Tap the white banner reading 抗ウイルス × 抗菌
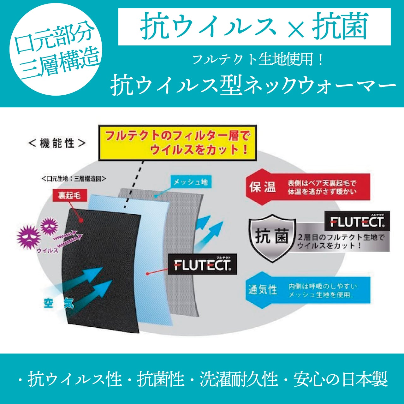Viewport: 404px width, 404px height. (x=254, y=27)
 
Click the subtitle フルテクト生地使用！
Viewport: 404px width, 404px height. (x=257, y=60)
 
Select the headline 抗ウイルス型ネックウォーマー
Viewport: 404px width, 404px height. (x=252, y=85)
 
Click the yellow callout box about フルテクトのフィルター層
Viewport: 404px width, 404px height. (x=177, y=143)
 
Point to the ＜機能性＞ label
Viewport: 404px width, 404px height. (x=57, y=143)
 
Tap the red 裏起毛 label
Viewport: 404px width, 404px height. (x=69, y=195)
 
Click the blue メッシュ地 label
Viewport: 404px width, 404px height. (x=191, y=182)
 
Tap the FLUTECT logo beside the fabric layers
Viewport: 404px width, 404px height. (x=202, y=264)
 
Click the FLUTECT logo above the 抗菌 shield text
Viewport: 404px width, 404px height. (x=357, y=221)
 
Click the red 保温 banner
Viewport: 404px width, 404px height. (x=308, y=187)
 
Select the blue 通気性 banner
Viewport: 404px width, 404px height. (x=308, y=290)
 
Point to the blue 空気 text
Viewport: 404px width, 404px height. (x=59, y=303)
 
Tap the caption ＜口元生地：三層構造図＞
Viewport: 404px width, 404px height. (x=74, y=179)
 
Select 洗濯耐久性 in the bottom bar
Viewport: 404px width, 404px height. (x=238, y=379)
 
